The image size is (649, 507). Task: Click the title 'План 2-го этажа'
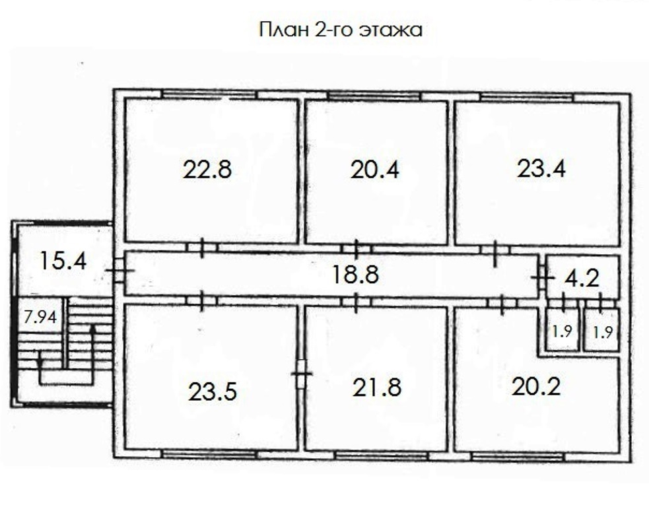point(341,30)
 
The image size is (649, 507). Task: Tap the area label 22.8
point(207,169)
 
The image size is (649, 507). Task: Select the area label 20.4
point(375,170)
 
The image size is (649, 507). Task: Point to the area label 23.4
point(541,168)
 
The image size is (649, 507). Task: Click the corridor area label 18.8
point(356,275)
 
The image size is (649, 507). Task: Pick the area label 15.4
point(63,261)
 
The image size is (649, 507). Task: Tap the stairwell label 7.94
point(40,317)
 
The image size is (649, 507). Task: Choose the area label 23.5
point(213,391)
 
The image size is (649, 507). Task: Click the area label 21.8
point(377,388)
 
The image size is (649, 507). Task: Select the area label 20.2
point(536,387)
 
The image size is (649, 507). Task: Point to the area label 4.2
point(582,279)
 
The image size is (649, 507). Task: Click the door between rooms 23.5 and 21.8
point(301,374)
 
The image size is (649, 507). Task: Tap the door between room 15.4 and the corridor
point(120,270)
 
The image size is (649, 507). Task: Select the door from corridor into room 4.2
point(542,277)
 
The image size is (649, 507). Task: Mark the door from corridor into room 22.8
point(202,248)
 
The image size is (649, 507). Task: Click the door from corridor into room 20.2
point(502,304)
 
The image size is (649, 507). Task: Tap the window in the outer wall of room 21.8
point(380,456)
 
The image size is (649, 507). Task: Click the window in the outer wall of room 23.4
point(526,98)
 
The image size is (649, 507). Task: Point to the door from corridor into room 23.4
point(495,250)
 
